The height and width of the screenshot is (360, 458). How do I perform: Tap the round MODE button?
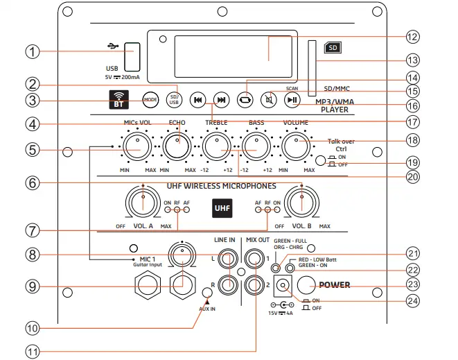150,100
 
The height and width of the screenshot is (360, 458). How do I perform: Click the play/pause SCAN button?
292,100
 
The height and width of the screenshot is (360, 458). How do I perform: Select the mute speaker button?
268,100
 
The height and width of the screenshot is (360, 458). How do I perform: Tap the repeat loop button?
245,100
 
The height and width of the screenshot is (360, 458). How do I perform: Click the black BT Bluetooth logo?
121,100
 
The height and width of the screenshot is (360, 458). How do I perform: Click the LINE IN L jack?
227,259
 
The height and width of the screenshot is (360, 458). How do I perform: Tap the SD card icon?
333,48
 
